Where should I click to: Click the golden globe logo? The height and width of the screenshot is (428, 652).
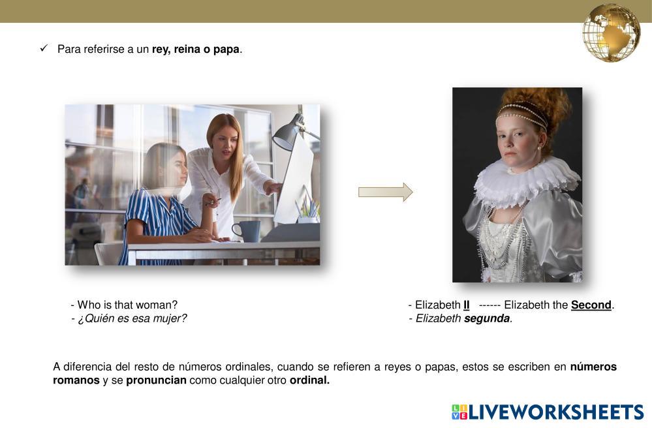[612, 33]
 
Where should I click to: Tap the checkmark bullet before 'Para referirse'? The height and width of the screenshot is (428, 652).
[44, 48]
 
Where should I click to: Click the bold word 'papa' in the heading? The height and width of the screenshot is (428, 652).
[226, 49]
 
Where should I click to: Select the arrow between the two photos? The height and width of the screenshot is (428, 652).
[386, 192]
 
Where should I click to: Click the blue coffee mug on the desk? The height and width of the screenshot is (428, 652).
[247, 231]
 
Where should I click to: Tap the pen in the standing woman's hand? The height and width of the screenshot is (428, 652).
[213, 202]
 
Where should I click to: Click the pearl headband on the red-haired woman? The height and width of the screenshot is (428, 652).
[522, 113]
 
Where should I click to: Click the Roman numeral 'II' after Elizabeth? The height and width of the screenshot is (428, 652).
[467, 305]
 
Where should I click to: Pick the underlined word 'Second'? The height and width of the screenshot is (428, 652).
[591, 305]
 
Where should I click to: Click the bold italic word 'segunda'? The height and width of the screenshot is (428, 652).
[487, 318]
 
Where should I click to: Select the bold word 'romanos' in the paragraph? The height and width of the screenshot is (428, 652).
[76, 380]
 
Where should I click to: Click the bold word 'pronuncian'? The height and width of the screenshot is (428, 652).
[156, 380]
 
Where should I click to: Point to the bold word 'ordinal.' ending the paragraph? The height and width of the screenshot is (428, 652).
[309, 380]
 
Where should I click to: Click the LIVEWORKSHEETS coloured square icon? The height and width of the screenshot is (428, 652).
[459, 412]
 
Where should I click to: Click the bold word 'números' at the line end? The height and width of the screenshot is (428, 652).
[593, 367]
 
